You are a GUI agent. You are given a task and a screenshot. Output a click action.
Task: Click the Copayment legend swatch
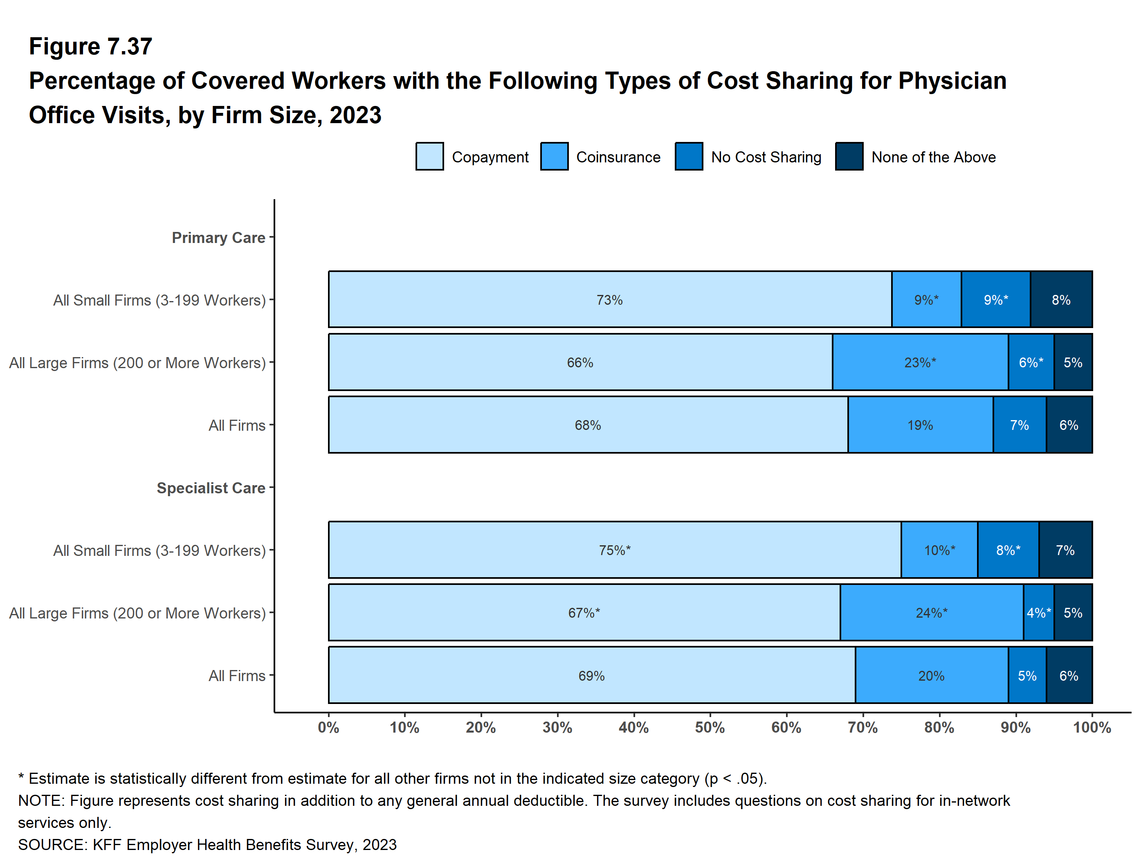pos(429,156)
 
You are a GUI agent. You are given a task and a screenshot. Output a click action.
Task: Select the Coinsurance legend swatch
pos(554,156)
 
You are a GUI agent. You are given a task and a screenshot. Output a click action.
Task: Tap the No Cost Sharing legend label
pos(766,157)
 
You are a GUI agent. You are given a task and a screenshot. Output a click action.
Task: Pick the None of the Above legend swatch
pos(849,156)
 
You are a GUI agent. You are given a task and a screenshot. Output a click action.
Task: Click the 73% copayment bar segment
pos(610,300)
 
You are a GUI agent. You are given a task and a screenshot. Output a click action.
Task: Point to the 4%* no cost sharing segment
pos(1038,612)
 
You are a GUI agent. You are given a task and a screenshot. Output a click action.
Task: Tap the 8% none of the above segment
pos(1061,300)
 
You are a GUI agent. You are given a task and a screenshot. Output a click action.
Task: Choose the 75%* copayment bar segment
pos(614,550)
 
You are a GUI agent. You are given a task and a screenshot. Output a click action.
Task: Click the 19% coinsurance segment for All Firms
pos(920,425)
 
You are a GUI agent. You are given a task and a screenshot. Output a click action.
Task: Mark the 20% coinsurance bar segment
pos(931,675)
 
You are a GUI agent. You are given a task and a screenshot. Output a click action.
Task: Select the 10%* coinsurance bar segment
pos(939,550)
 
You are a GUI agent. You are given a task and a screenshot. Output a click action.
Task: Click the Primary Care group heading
pos(218,237)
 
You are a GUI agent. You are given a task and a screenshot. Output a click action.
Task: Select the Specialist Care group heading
pos(211,488)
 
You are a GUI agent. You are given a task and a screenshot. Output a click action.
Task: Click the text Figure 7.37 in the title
pos(90,47)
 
